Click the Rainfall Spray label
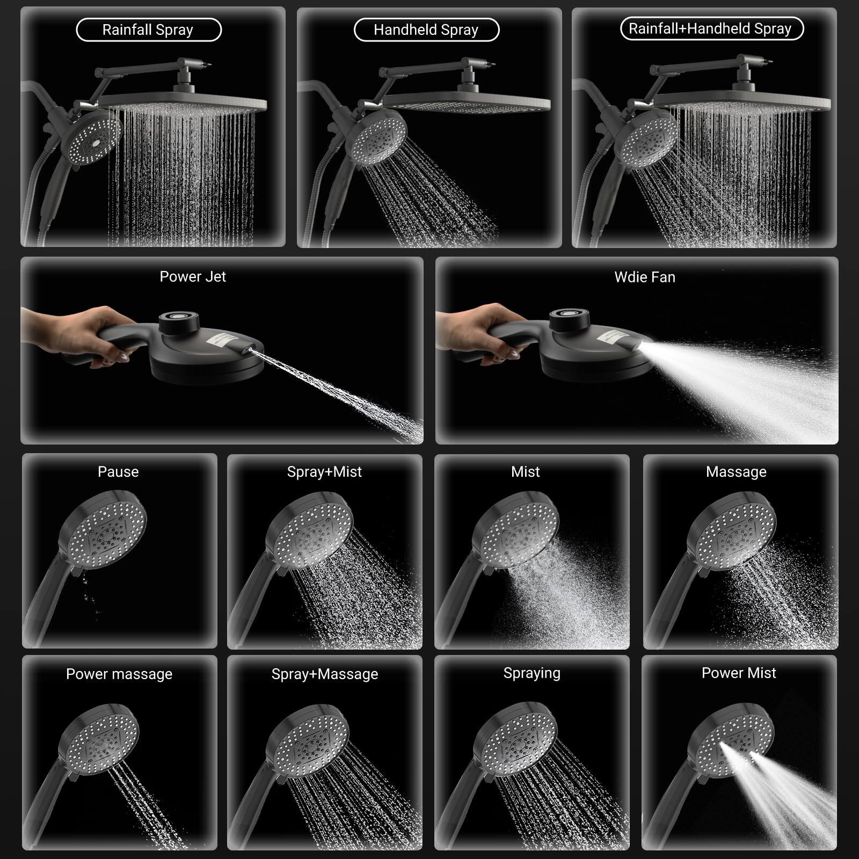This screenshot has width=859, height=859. (x=148, y=30)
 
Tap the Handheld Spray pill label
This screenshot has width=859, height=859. (x=426, y=30)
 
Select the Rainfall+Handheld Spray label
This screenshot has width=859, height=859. (x=711, y=28)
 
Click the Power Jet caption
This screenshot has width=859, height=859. (x=193, y=276)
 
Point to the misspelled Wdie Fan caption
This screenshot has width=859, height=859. (x=645, y=277)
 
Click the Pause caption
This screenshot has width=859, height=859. (x=118, y=471)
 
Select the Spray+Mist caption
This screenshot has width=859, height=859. (x=324, y=471)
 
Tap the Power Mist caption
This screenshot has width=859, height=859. (x=739, y=673)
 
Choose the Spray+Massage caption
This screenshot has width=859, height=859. (x=324, y=674)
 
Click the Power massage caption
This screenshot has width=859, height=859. (x=119, y=674)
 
